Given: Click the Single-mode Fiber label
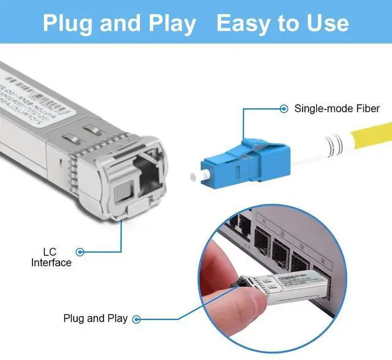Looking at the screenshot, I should pos(337,109).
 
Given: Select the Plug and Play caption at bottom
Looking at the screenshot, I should pos(96,318).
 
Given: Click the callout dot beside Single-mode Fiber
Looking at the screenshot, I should pos(284,109).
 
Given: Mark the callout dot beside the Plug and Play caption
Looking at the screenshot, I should pos(137,318).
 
